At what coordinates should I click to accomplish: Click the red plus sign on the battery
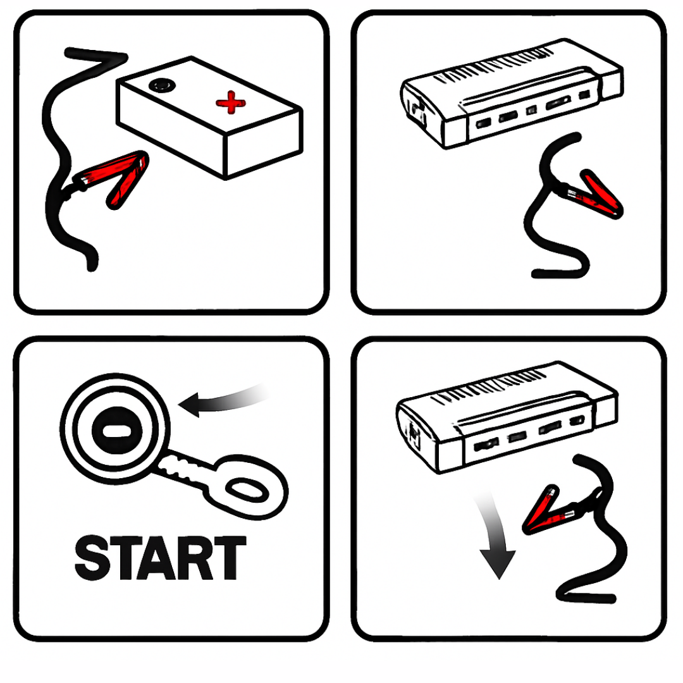click(230, 102)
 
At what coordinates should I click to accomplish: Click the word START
click(161, 558)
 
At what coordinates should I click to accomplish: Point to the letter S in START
click(91, 558)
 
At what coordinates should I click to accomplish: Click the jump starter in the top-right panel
click(512, 93)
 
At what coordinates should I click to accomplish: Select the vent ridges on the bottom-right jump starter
click(488, 387)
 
